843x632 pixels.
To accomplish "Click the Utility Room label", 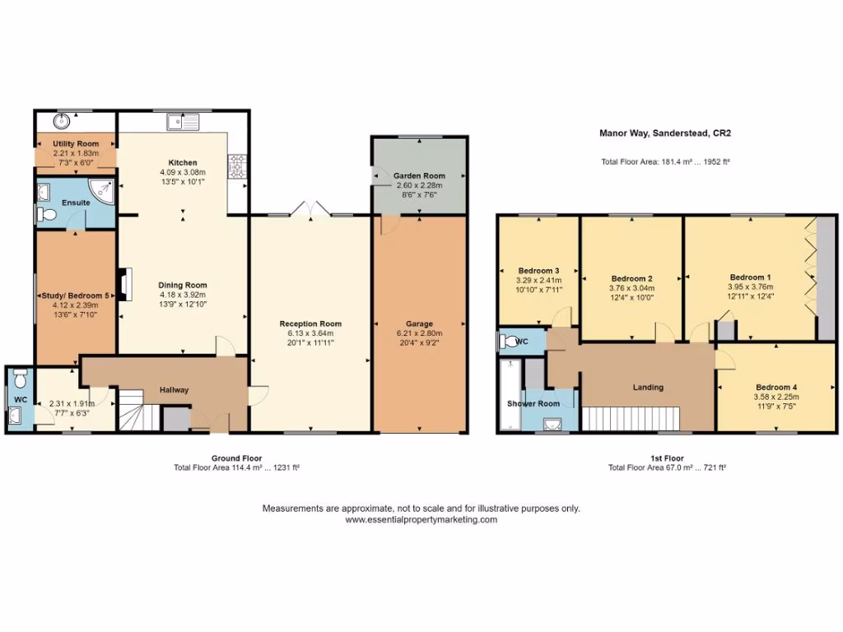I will tap(76, 144).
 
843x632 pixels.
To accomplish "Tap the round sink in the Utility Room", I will tap(60, 122).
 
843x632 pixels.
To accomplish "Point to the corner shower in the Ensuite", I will tap(103, 190).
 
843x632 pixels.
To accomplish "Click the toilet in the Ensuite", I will tap(47, 216).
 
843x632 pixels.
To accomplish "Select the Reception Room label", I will tap(310, 323).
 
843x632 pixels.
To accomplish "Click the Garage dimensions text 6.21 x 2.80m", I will tap(419, 333).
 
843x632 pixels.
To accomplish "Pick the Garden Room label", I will tap(419, 176).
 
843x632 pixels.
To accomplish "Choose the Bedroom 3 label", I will tap(538, 271).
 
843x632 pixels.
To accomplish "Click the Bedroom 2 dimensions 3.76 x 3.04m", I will tap(631, 288).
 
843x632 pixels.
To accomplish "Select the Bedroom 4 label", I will tap(775, 387).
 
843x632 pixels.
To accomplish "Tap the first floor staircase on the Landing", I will tap(629, 418).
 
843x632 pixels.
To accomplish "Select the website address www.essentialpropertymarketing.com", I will tap(421, 519).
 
